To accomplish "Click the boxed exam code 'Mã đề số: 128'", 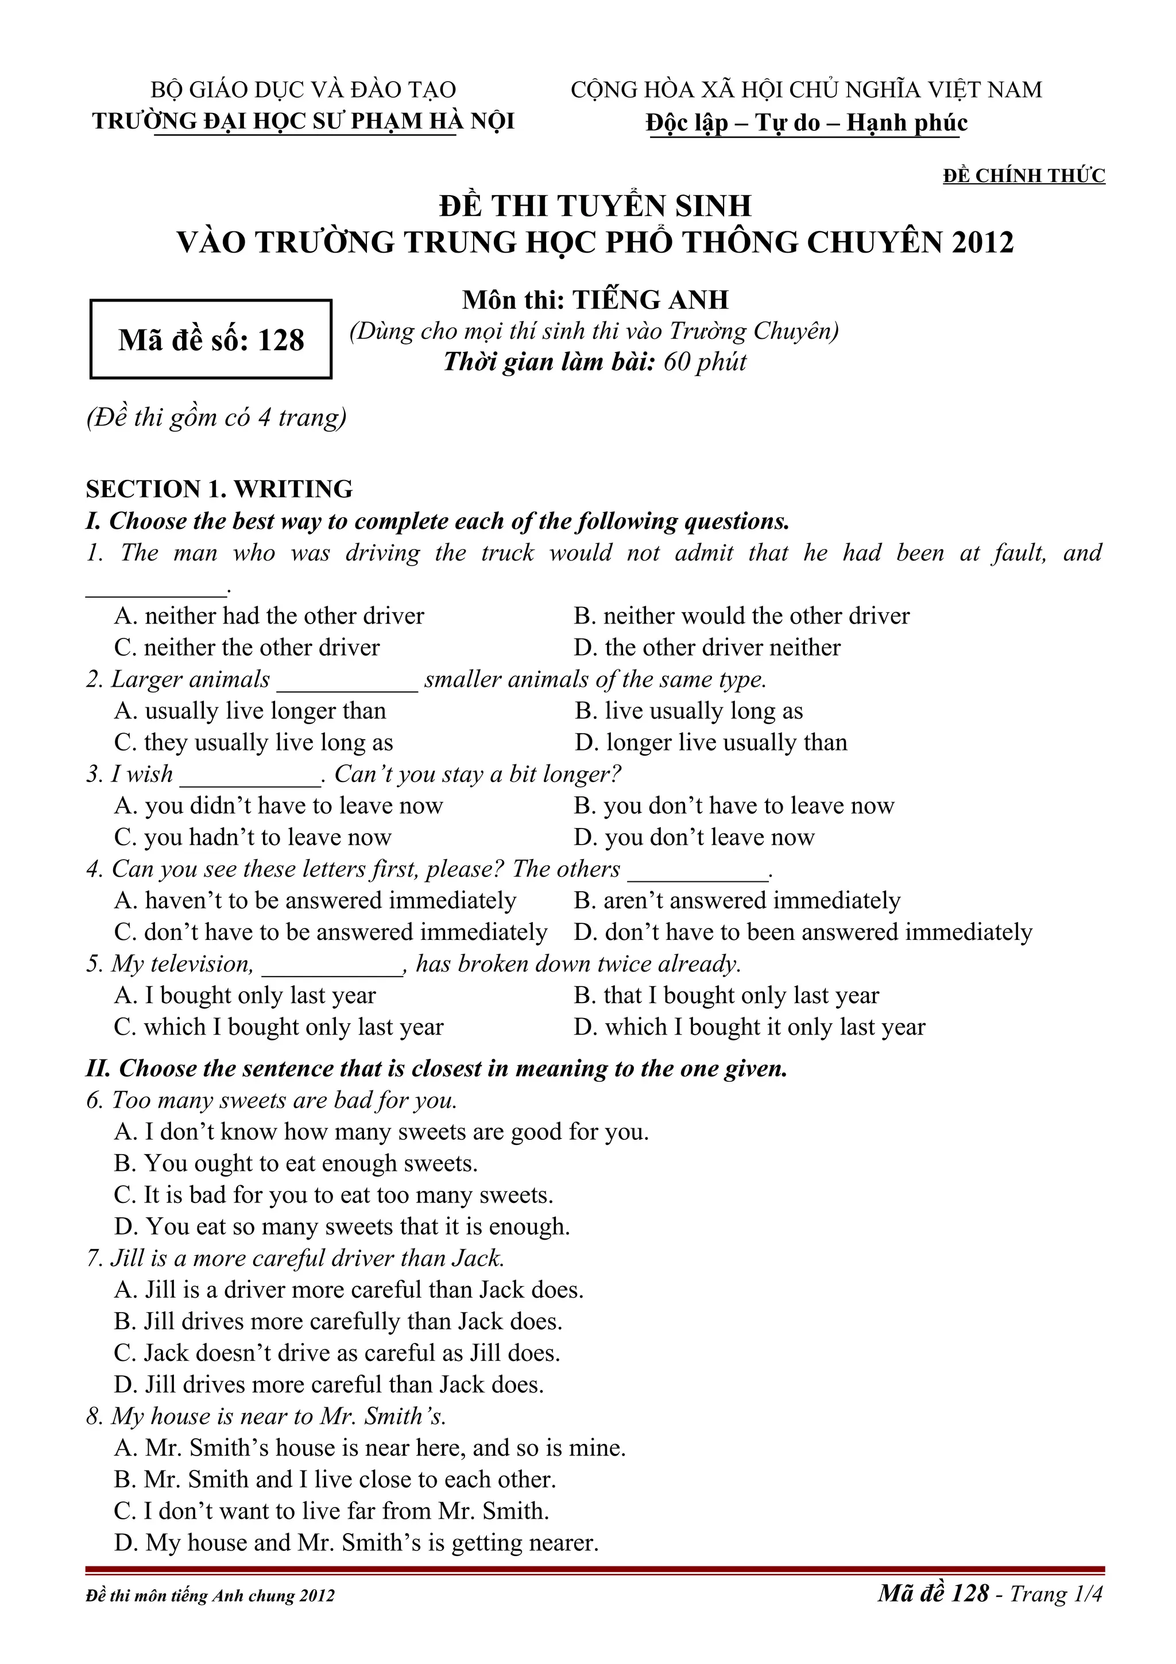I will (211, 340).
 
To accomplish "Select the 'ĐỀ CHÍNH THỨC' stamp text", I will (1023, 175).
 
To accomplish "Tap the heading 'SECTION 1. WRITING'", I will (219, 489).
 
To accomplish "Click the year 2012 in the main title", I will (982, 243).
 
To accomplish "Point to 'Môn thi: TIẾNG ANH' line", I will (595, 299).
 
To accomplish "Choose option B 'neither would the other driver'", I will (741, 616).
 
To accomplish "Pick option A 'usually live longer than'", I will (250, 711).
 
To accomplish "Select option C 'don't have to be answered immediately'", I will (330, 932).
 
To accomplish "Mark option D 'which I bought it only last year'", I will (750, 1027).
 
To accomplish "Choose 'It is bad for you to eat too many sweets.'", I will (333, 1195).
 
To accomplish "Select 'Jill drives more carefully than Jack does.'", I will (338, 1321).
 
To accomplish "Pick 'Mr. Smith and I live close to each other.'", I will (335, 1479).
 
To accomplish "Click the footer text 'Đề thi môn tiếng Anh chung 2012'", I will (210, 1595).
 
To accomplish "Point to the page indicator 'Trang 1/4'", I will (1056, 1594).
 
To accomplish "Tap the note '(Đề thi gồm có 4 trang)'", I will (216, 417).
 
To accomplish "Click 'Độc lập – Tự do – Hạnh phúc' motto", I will (806, 122).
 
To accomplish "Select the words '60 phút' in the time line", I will (705, 362).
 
